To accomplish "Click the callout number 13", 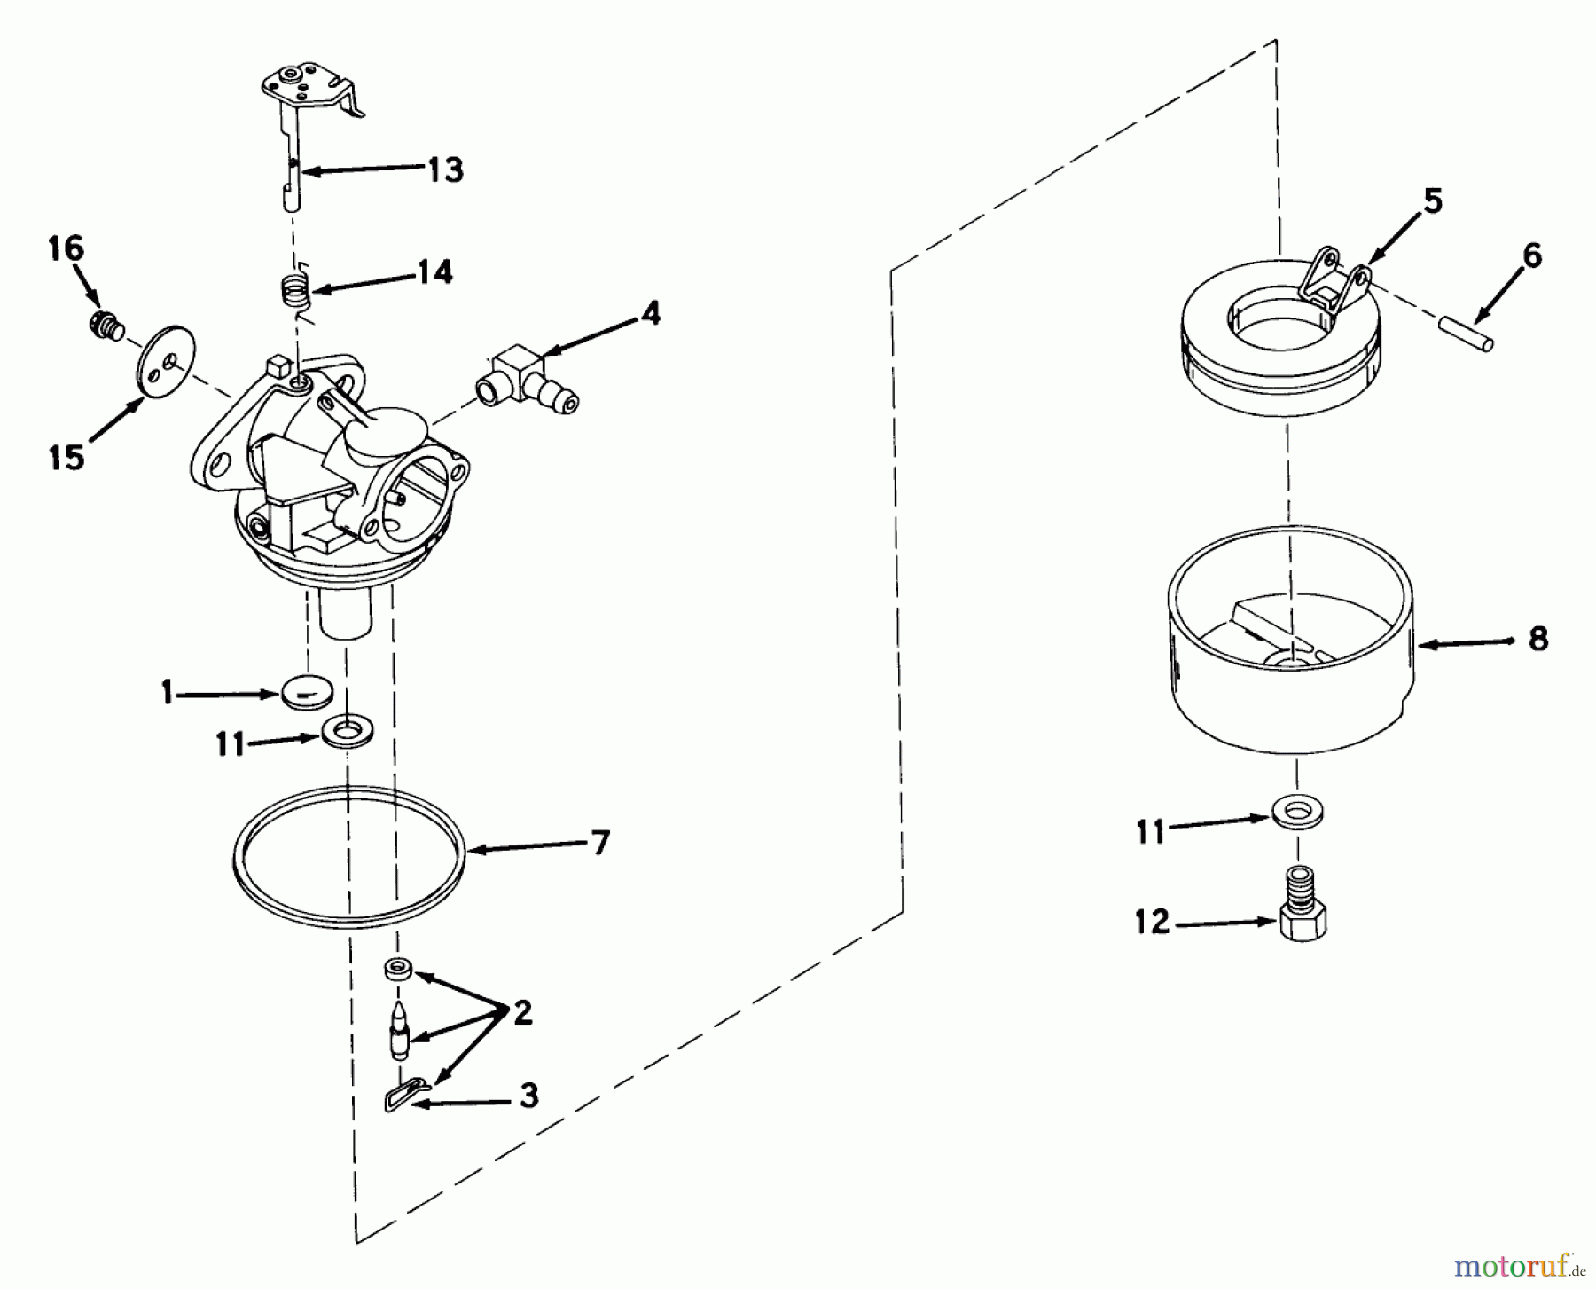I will [x=446, y=169].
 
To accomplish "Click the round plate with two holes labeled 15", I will [x=165, y=367].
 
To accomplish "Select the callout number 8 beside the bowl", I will [x=1537, y=639].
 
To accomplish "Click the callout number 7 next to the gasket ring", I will [x=601, y=843].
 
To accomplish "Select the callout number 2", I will [x=523, y=1012].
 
